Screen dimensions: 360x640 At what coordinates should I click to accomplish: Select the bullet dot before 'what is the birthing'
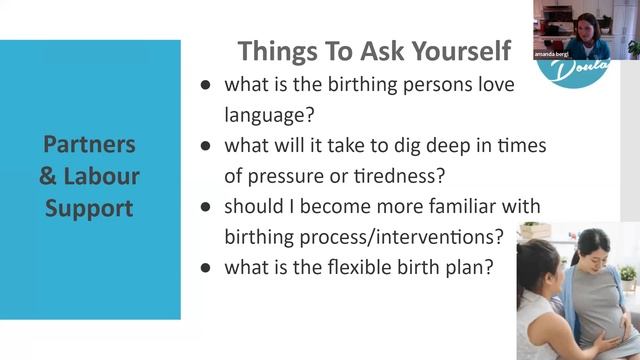205,85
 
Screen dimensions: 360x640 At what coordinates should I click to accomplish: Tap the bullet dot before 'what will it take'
205,145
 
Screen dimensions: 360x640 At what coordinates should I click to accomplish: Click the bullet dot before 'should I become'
205,207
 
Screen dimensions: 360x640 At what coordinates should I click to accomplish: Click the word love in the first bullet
495,84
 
